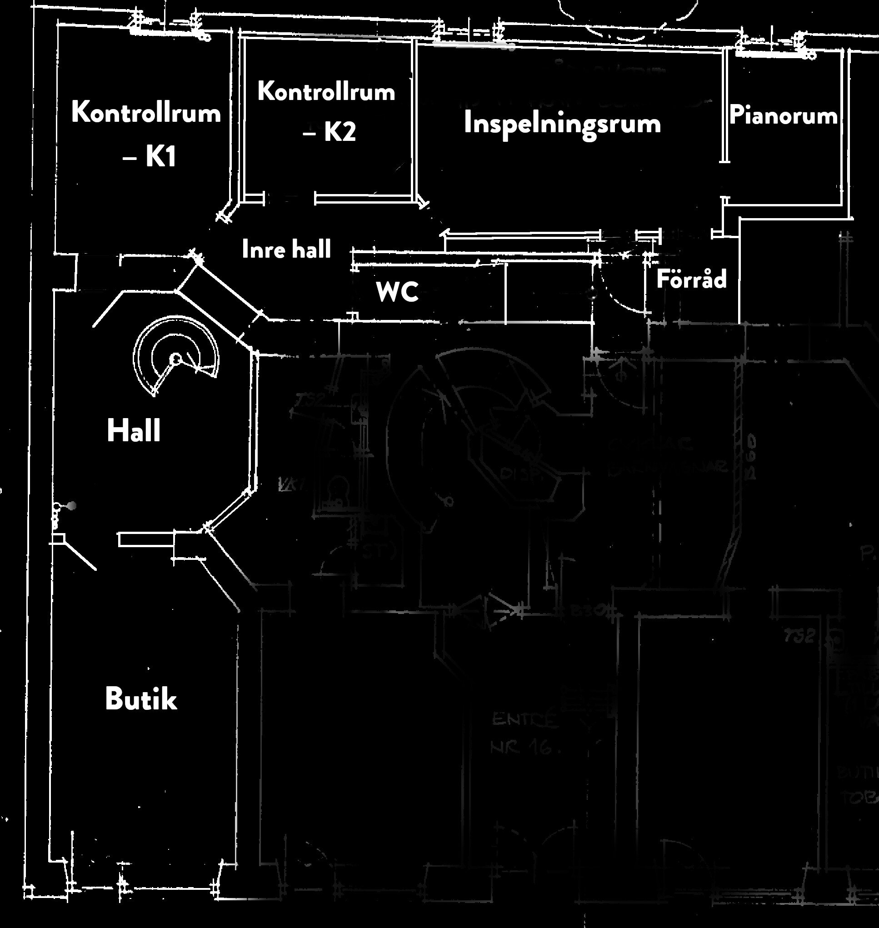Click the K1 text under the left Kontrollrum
click(161, 156)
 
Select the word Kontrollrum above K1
click(146, 113)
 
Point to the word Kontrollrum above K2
click(326, 91)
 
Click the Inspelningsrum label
click(562, 124)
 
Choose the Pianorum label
click(783, 115)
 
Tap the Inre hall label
click(286, 249)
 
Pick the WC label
click(397, 292)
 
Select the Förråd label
click(691, 279)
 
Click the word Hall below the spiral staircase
click(134, 431)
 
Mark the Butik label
click(140, 699)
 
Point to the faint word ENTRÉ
click(525, 719)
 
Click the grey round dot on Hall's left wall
click(72, 506)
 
